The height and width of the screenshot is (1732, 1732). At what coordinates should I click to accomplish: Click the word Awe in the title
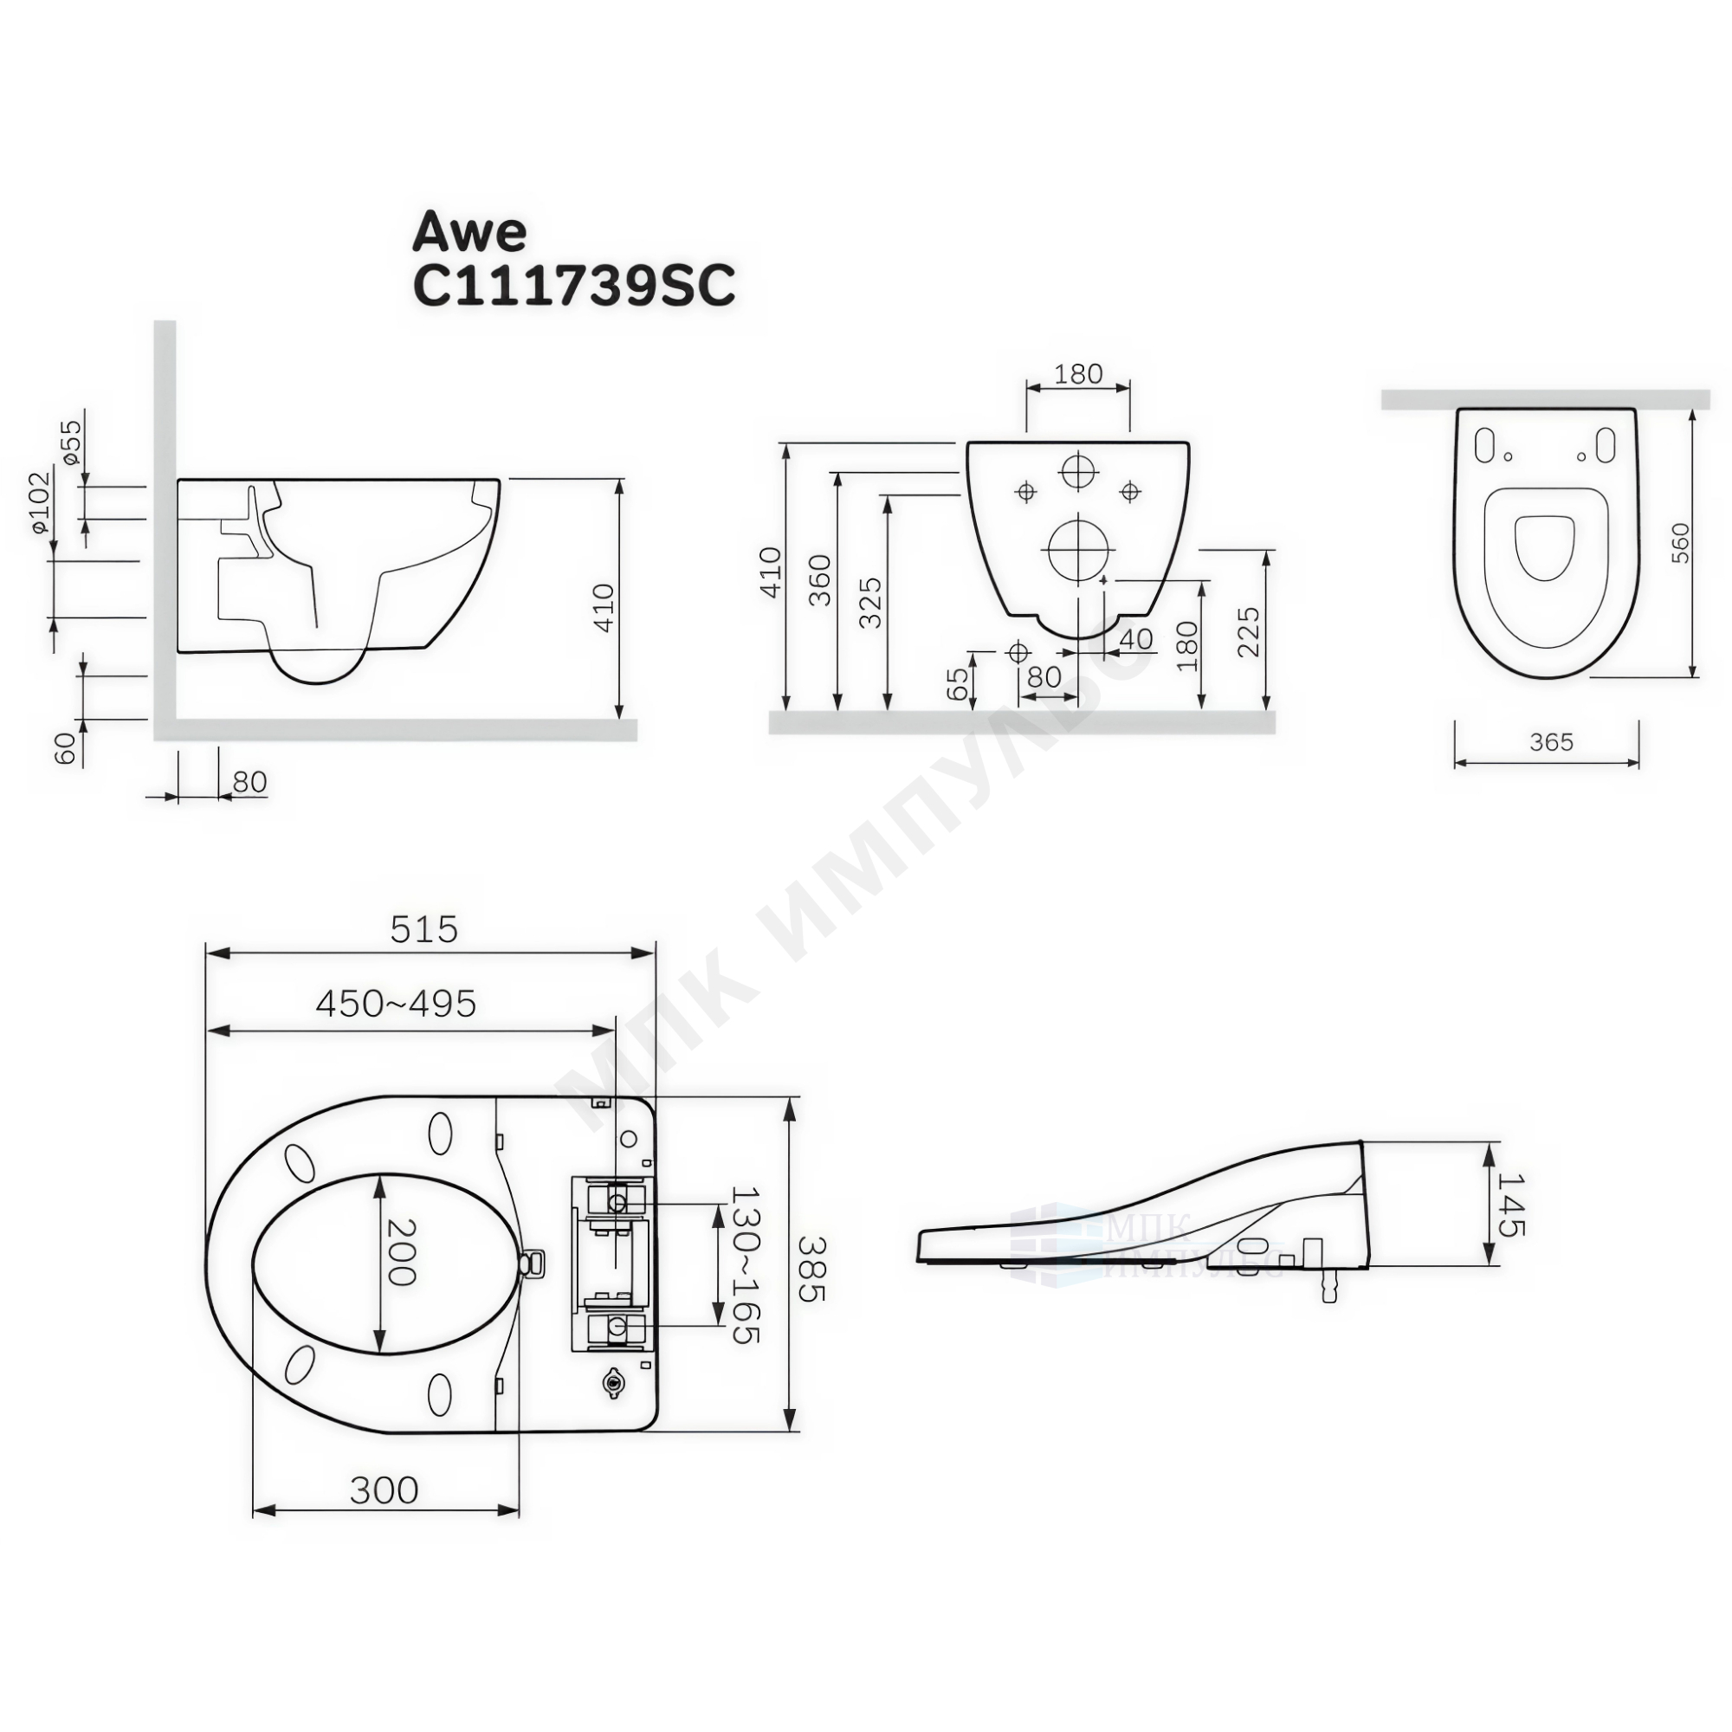(469, 233)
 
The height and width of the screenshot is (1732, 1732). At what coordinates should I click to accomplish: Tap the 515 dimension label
(424, 929)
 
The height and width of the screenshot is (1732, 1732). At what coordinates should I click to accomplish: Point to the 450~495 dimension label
(396, 1004)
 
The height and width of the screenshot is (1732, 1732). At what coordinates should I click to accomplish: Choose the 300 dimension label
(384, 1490)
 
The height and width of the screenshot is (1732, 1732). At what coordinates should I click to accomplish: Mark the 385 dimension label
(813, 1269)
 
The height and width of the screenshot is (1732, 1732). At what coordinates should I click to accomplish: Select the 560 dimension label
(1680, 542)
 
